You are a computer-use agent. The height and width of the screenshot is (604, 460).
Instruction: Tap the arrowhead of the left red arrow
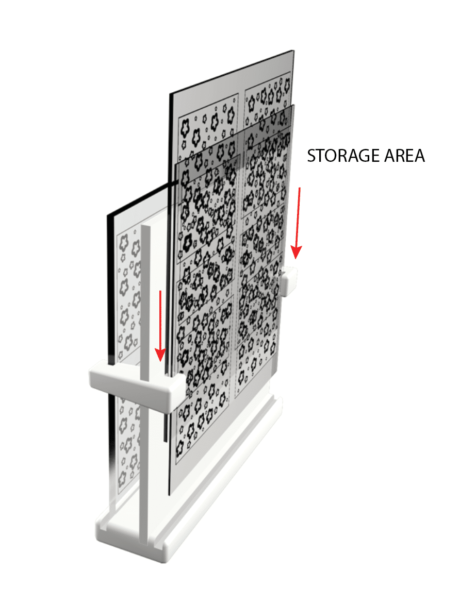tap(160, 355)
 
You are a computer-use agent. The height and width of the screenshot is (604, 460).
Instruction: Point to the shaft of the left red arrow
tap(160, 320)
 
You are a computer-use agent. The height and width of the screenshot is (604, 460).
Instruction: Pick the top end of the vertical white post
tap(145, 227)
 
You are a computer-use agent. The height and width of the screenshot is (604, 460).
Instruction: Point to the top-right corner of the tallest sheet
tap(294, 51)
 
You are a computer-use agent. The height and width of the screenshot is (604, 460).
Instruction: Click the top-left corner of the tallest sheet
tap(170, 94)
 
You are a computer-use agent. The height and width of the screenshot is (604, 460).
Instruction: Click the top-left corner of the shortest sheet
tap(108, 214)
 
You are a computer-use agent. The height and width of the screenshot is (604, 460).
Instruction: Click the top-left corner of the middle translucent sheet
tap(176, 163)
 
